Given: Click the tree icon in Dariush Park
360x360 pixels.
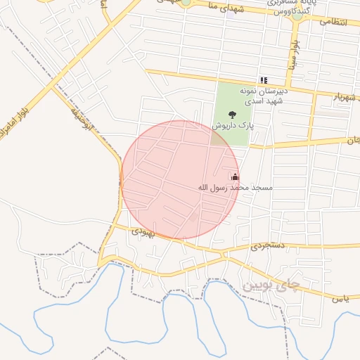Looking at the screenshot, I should (x=233, y=115).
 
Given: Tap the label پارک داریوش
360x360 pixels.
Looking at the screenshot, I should (x=233, y=126).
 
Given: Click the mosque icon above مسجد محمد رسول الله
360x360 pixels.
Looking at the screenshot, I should (x=234, y=176).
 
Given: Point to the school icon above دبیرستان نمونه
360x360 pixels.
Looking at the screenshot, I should (x=264, y=81).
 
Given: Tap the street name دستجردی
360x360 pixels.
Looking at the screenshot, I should (x=266, y=247).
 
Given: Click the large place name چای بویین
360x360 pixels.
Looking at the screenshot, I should (x=271, y=285).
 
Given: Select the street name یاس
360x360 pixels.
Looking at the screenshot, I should (x=341, y=299).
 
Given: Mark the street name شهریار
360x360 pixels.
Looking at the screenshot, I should (x=332, y=96).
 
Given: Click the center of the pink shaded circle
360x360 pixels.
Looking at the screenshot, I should (x=181, y=180).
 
